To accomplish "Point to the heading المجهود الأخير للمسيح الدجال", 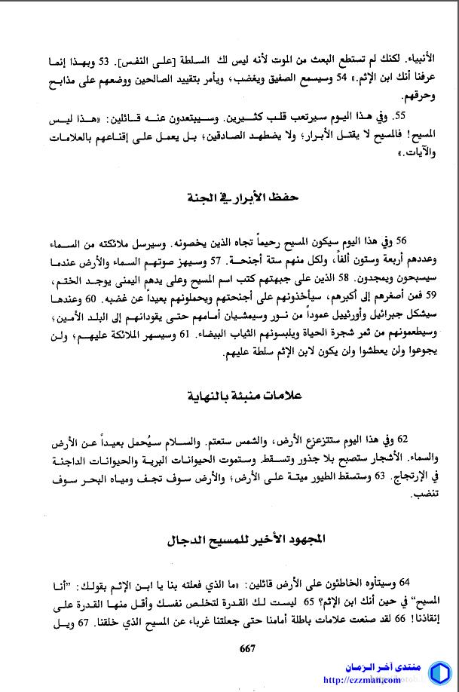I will coord(246,540).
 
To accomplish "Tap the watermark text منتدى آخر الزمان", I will coord(369,668).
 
